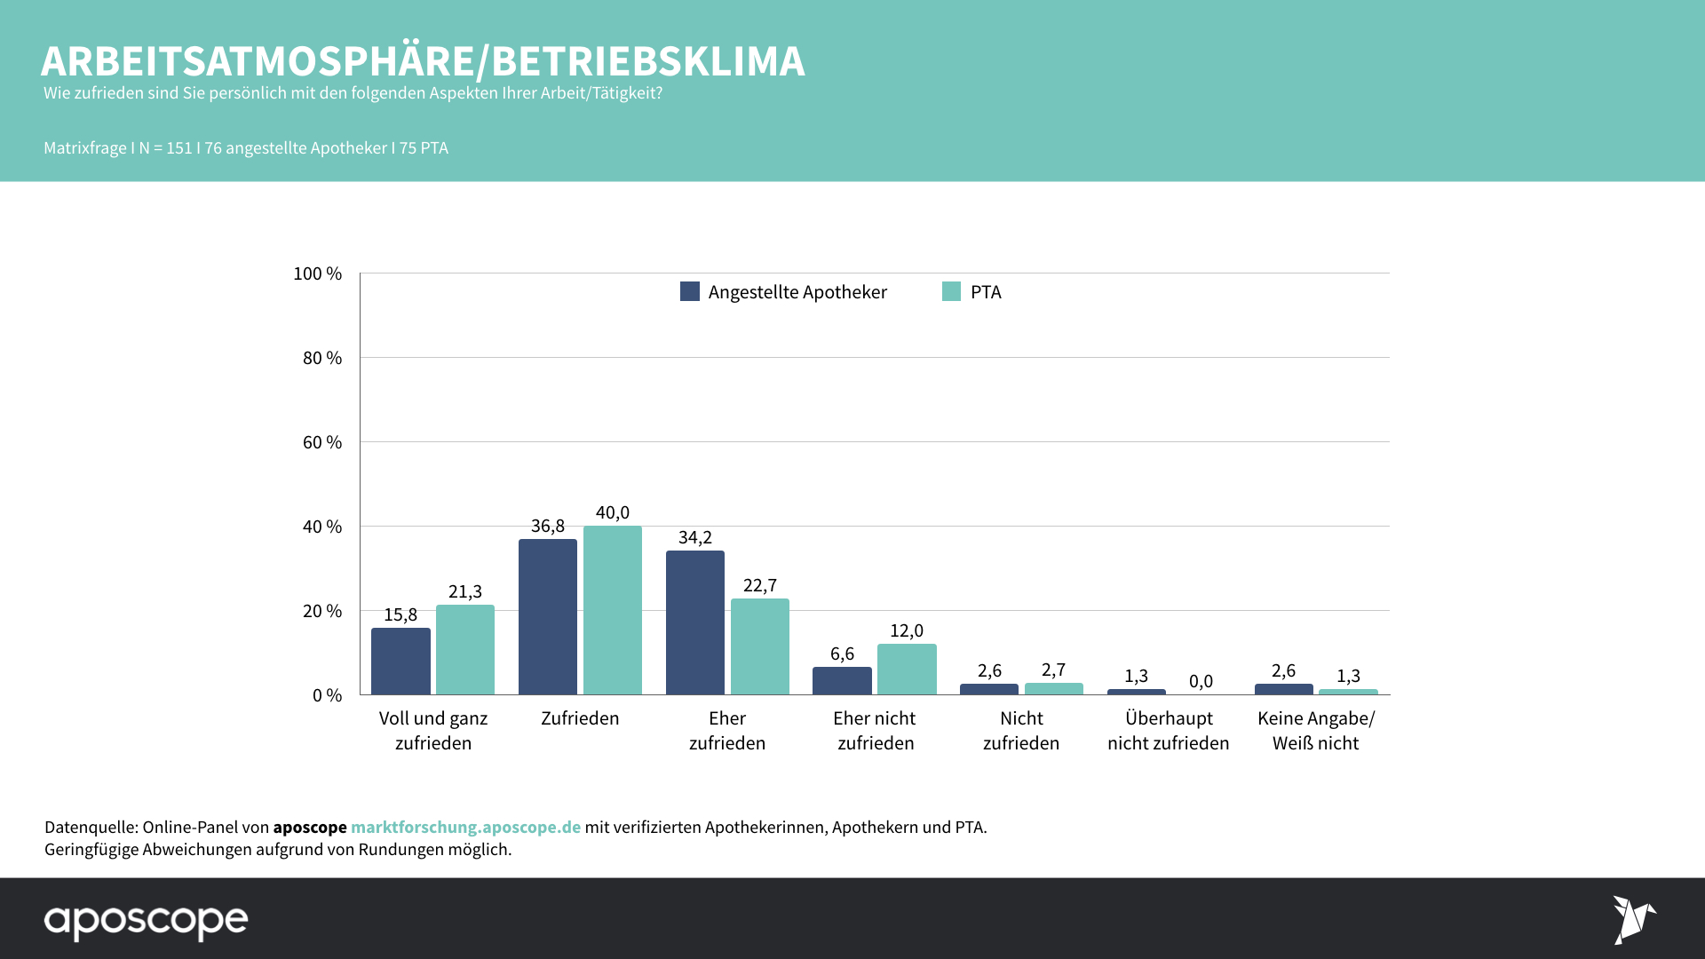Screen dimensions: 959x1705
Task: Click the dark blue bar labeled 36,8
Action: pos(547,616)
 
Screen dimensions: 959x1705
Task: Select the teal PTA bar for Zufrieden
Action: pos(612,610)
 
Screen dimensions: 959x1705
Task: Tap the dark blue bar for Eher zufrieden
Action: pos(694,622)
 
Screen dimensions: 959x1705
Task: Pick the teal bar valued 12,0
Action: pos(906,669)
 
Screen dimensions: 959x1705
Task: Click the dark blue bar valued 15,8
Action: pos(400,661)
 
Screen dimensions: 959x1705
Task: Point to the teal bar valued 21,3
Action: pos(464,649)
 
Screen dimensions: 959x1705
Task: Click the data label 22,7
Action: pos(759,585)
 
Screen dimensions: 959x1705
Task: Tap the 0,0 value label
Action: pos(1201,681)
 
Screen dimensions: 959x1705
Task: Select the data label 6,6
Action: pos(842,654)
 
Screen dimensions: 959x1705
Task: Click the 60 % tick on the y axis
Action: pos(321,442)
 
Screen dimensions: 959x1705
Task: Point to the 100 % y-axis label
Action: pos(317,273)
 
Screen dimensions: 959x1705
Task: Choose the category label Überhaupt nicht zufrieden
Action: pos(1168,730)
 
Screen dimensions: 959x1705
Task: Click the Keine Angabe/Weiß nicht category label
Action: pos(1315,730)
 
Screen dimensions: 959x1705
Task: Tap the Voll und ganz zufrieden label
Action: pos(433,730)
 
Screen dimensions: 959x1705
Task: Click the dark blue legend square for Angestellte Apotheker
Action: pos(689,291)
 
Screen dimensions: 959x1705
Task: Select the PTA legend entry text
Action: pos(985,292)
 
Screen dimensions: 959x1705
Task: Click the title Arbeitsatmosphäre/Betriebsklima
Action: pos(423,61)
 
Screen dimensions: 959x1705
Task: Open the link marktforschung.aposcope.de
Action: pos(465,827)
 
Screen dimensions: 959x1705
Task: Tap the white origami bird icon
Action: pos(1632,919)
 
